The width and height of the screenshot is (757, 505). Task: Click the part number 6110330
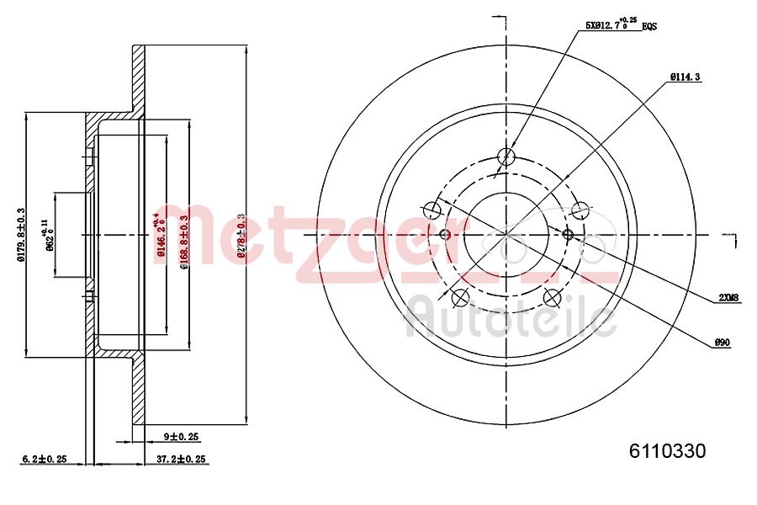[x=668, y=451]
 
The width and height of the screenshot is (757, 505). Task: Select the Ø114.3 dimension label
[x=686, y=77]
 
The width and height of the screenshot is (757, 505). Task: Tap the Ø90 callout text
[x=721, y=342]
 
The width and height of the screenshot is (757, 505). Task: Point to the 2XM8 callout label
[x=728, y=297]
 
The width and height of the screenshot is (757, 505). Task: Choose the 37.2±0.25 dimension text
[x=182, y=459]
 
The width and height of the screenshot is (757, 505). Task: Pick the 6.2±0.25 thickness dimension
[x=44, y=459]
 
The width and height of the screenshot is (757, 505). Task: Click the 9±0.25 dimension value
[x=181, y=437]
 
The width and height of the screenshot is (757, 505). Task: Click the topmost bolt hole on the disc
[x=506, y=157]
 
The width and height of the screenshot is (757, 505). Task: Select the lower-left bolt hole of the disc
[x=459, y=297]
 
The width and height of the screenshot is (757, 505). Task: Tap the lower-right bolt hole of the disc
[x=552, y=297]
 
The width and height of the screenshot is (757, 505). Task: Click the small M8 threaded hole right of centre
[x=567, y=233]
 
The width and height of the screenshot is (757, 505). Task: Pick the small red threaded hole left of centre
[x=446, y=233]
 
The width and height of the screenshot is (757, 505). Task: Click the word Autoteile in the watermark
[x=511, y=319]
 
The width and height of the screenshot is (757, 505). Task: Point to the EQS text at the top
[x=648, y=27]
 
